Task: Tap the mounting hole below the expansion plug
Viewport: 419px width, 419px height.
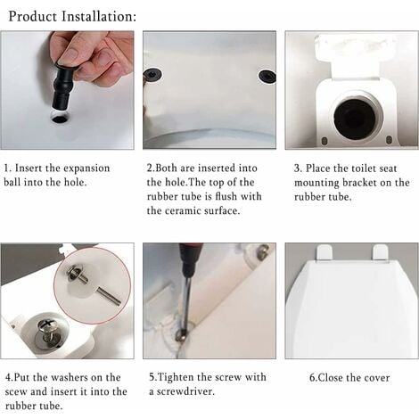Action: [x=60, y=117]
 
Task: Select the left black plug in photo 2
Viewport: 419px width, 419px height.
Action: [x=152, y=75]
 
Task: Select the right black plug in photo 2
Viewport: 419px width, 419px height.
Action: [x=267, y=76]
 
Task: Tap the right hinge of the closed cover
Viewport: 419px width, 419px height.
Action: [x=380, y=252]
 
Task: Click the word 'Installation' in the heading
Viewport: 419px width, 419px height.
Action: [x=97, y=16]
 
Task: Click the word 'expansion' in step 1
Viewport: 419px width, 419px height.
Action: [x=88, y=168]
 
